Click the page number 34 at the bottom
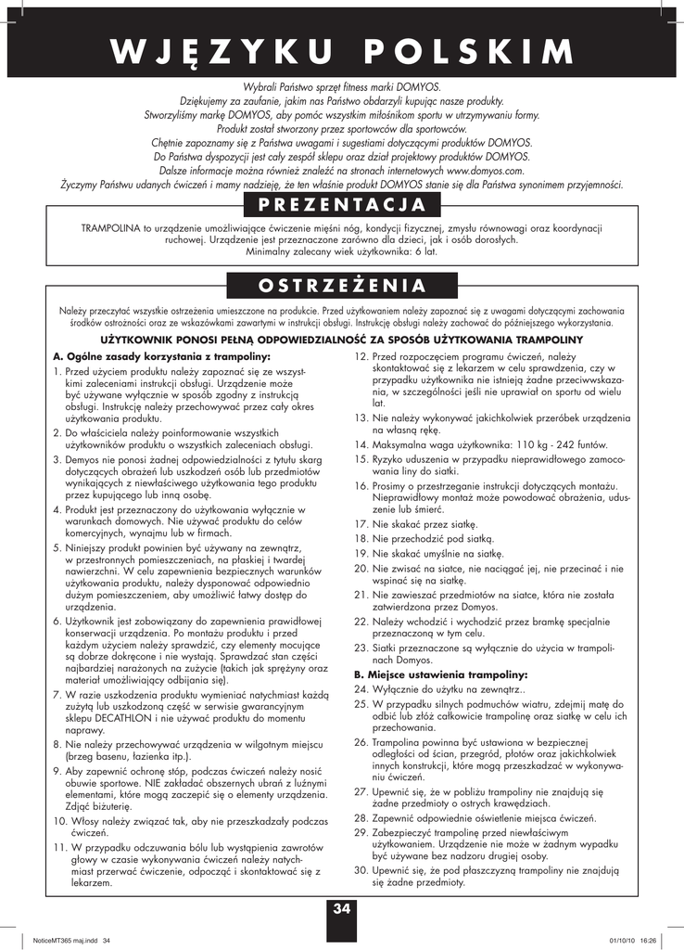[342, 908]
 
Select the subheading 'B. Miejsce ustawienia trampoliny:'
[428, 674]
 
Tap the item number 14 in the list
[362, 444]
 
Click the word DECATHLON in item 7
[120, 721]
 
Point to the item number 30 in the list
[361, 871]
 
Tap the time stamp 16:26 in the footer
[648, 940]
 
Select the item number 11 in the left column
[60, 847]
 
